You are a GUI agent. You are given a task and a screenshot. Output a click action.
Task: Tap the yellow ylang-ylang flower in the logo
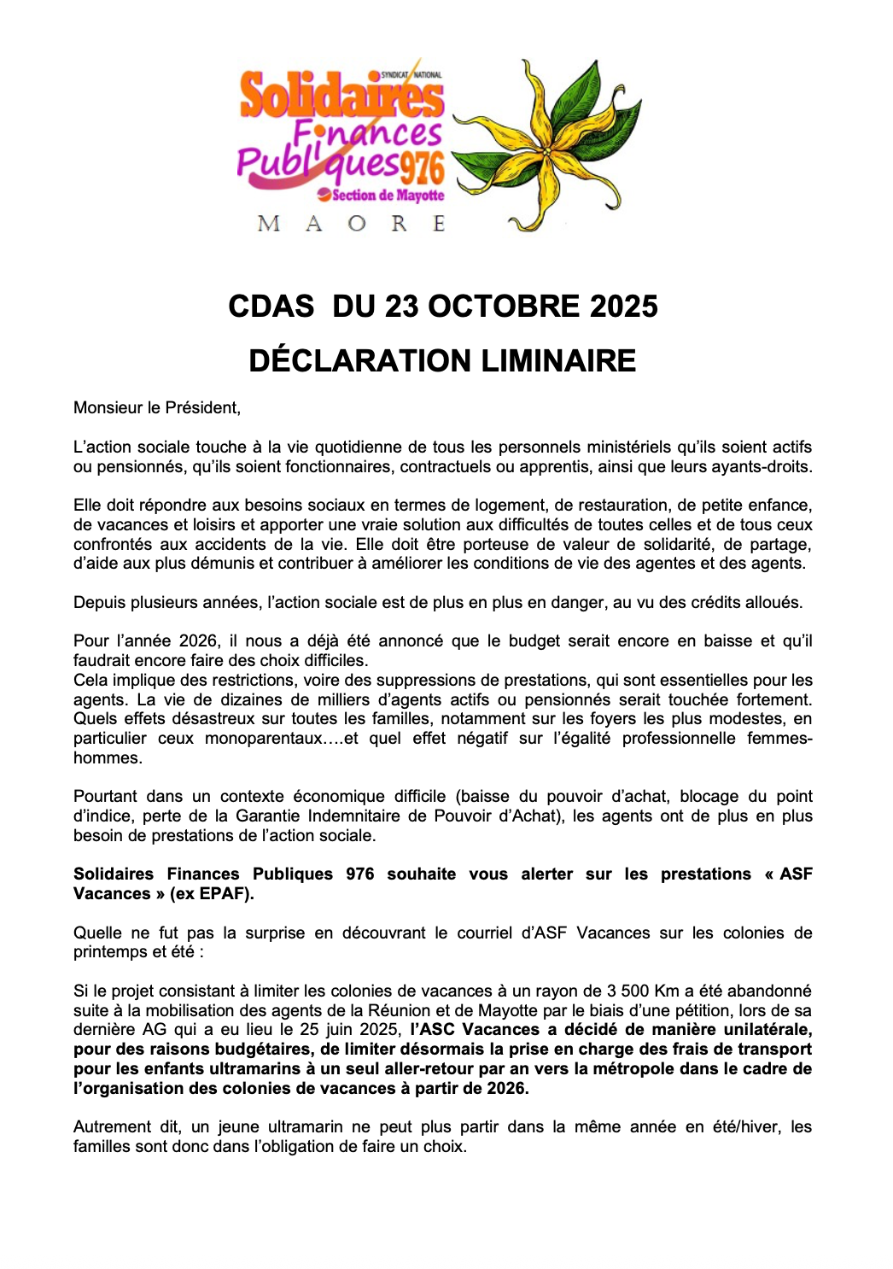coord(546,145)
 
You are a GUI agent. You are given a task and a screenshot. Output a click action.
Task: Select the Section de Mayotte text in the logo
coord(388,196)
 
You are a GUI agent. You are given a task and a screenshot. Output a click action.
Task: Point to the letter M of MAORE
coord(268,225)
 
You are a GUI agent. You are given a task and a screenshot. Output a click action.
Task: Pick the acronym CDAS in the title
coord(271,307)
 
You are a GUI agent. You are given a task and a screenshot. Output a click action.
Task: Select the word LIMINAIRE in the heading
coord(558,360)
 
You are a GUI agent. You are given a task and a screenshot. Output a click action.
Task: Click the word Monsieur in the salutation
coord(107,408)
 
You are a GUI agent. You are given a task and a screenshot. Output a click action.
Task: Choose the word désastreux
coord(229,719)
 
